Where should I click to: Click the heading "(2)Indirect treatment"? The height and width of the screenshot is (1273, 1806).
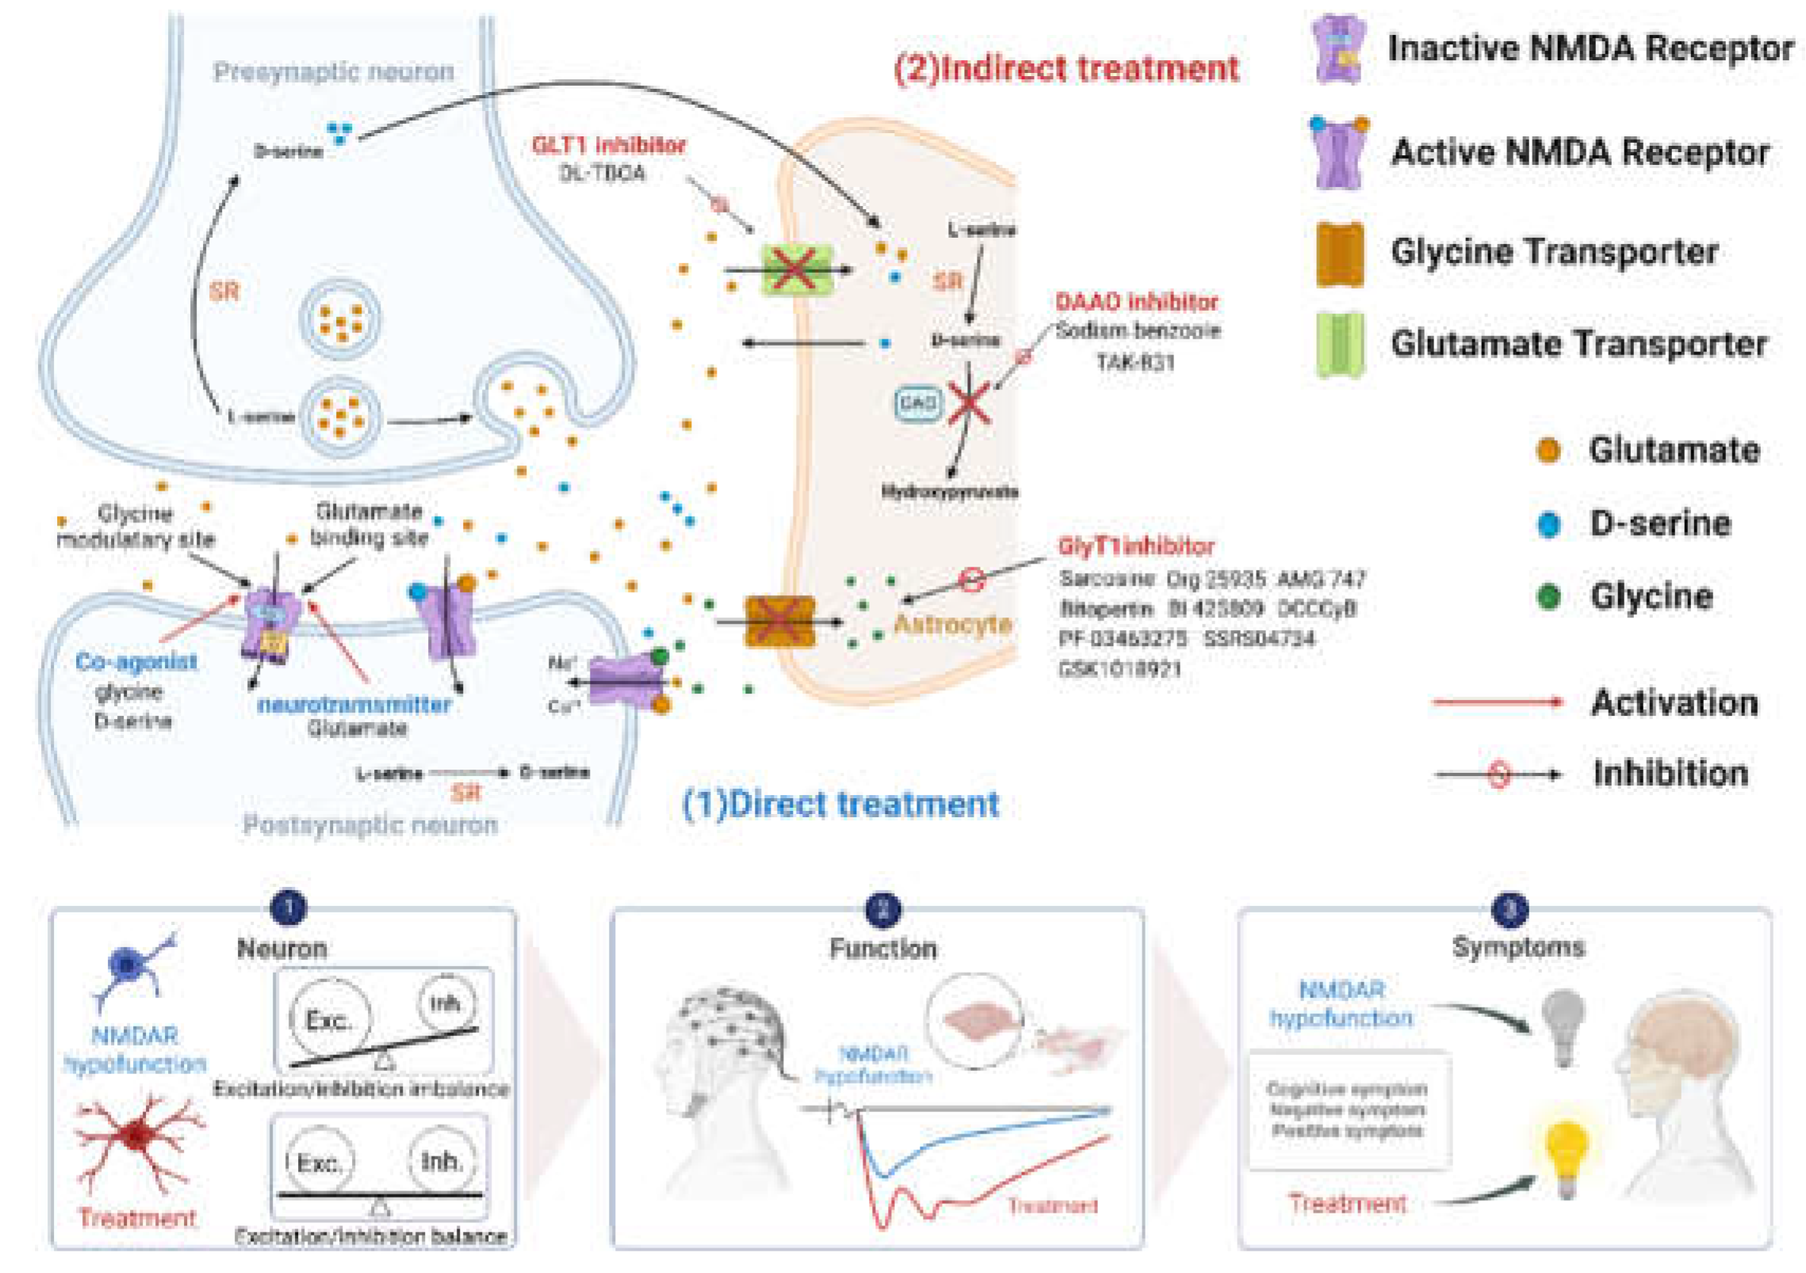(x=1066, y=68)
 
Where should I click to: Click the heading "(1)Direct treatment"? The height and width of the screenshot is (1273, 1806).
(x=840, y=805)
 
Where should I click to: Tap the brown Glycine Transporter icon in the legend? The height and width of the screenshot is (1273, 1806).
(x=1339, y=254)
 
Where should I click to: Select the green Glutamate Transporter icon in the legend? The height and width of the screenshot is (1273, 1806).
(x=1339, y=345)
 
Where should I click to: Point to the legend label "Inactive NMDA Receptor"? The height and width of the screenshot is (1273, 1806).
(x=1590, y=48)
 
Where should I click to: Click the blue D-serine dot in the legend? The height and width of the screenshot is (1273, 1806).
(x=1548, y=524)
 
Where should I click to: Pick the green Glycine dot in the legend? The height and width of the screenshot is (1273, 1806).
(x=1548, y=597)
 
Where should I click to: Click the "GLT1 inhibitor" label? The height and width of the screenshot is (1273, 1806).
(x=608, y=145)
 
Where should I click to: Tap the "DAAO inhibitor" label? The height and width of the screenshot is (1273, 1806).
(x=1136, y=302)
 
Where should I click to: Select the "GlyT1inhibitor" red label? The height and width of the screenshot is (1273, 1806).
(x=1135, y=546)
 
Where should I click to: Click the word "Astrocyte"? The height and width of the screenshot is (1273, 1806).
(x=952, y=625)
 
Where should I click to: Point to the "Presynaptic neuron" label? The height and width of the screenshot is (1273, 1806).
(x=334, y=71)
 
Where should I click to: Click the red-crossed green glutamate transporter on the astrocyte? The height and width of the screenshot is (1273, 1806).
(x=797, y=270)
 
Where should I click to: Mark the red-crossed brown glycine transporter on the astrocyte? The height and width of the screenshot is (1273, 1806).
(x=779, y=621)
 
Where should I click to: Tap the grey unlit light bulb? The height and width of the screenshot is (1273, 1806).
(x=1563, y=1026)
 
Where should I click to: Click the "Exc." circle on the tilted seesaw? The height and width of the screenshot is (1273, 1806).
(x=329, y=1019)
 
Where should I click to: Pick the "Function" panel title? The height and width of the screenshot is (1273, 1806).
(x=882, y=949)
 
